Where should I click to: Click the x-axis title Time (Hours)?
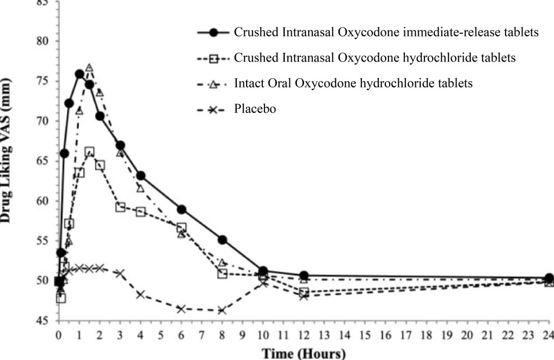tap(304, 354)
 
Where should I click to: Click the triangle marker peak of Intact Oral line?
tap(89, 68)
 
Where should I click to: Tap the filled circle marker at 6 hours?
tap(182, 210)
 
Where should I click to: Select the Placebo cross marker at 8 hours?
tap(222, 310)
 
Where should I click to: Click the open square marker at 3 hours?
tap(120, 207)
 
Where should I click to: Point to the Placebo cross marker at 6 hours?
tap(182, 309)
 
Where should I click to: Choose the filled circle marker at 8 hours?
tap(222, 240)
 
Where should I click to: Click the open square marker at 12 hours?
tap(304, 292)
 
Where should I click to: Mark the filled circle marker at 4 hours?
tap(140, 176)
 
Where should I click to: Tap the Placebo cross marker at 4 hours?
tap(140, 295)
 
